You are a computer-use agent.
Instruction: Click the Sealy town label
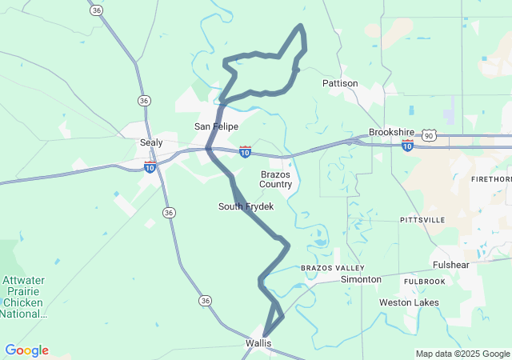pos(151,142)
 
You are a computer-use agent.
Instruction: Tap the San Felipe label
pos(216,126)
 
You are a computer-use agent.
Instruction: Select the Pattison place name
pos(340,83)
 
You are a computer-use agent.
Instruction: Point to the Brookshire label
pos(390,132)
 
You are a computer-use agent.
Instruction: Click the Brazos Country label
pos(276,179)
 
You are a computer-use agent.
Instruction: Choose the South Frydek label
pos(246,206)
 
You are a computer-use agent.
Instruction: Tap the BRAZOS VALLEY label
pos(332,267)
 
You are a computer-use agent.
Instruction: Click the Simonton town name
pos(361,279)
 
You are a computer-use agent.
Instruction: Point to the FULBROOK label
pos(424,282)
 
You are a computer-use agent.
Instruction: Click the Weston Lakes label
pos(409,302)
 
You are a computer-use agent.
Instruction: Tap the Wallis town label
pos(258,343)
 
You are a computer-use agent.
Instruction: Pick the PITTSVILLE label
pos(422,219)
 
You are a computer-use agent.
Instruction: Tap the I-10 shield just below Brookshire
pos(408,146)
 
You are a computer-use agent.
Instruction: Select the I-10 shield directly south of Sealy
pos(150,166)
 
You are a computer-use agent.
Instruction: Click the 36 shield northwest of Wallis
pos(206,300)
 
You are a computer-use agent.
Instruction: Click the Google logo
pos(26,350)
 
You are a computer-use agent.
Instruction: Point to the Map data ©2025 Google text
pos(462,354)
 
